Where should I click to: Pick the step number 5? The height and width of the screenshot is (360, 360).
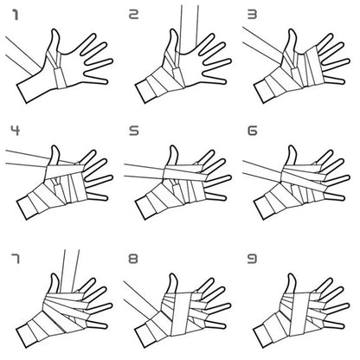pos(133,132)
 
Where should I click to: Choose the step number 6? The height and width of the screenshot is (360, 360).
pos(252,132)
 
